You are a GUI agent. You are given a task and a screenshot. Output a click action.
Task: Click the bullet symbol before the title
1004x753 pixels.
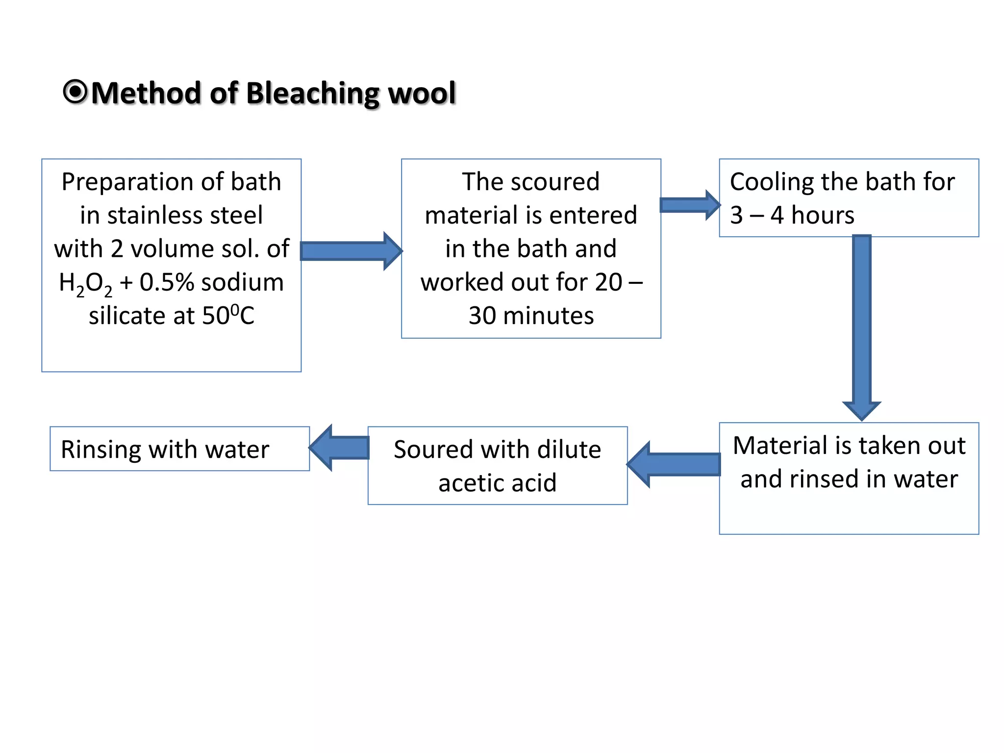(75, 92)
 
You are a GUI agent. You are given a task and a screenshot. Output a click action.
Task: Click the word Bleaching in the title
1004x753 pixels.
(312, 93)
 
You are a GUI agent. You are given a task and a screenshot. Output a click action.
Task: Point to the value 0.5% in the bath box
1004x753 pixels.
(167, 282)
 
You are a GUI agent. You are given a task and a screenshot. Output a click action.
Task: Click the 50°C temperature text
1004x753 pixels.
(228, 315)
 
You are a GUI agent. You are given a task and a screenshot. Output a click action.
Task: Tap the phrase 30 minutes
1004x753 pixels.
(531, 316)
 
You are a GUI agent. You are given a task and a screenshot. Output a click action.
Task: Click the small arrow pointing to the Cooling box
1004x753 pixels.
(689, 205)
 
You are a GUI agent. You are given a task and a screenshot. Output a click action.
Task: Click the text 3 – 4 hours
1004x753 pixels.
(792, 215)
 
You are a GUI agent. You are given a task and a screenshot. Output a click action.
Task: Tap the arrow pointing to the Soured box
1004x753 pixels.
(675, 464)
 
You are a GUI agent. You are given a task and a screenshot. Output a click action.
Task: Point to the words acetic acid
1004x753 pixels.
(497, 483)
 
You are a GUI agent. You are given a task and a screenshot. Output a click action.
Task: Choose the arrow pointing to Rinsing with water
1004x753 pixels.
(339, 448)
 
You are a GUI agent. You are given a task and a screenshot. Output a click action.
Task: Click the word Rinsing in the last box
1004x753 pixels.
(101, 450)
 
